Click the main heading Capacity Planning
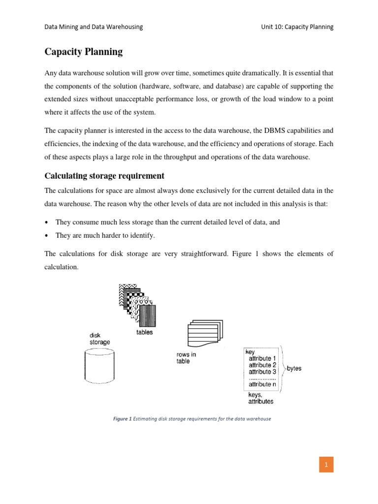pyautogui.click(x=84, y=52)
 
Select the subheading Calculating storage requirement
pyautogui.click(x=104, y=176)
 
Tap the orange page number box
pyautogui.click(x=326, y=464)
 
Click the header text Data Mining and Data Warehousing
pyautogui.click(x=94, y=27)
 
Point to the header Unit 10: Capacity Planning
pyautogui.click(x=297, y=27)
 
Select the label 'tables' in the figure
pyautogui.click(x=144, y=332)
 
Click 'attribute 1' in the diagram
pyautogui.click(x=263, y=359)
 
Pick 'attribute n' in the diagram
pyautogui.click(x=263, y=384)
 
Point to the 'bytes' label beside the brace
pyautogui.click(x=294, y=369)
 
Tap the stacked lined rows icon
pyautogui.click(x=204, y=335)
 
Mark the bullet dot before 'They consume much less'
pyautogui.click(x=47, y=222)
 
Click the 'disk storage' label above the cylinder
pyautogui.click(x=99, y=339)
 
